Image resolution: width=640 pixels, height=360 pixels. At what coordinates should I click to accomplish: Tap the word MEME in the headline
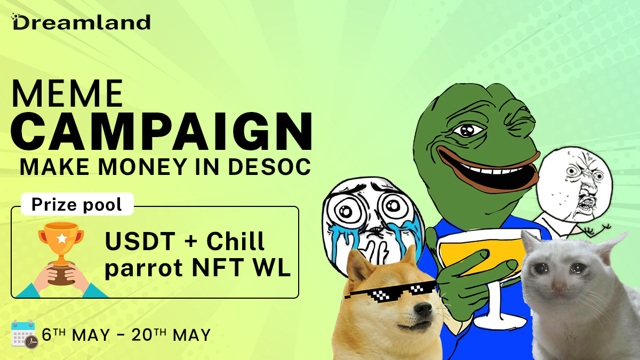(67, 94)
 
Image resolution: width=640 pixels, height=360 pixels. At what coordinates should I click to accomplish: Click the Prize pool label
(76, 204)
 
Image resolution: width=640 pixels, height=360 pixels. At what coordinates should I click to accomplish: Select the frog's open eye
(468, 129)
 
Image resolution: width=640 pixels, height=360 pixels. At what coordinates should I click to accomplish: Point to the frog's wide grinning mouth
(485, 165)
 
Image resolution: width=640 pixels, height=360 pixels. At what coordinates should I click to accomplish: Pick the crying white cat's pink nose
(558, 289)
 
